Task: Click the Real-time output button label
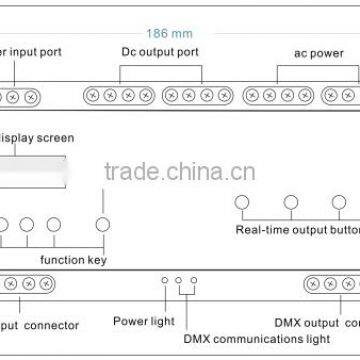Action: coord(296,228)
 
